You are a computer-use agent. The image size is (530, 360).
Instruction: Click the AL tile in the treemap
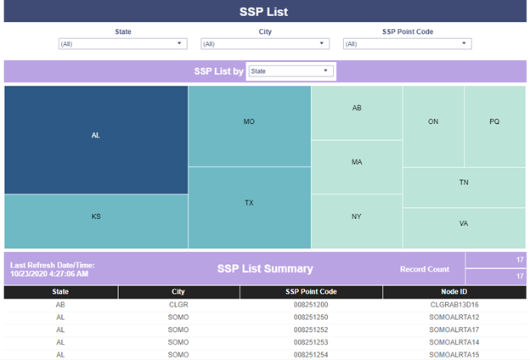click(x=96, y=139)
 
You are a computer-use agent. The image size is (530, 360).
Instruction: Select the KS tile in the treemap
click(x=96, y=222)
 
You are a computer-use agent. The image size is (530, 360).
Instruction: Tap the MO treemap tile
click(x=250, y=126)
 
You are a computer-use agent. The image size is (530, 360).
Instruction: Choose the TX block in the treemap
click(x=250, y=208)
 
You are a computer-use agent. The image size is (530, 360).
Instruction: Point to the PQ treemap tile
click(x=495, y=127)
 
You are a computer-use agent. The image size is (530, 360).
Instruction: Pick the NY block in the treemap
click(x=357, y=222)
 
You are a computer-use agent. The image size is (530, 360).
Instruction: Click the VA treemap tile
click(x=464, y=228)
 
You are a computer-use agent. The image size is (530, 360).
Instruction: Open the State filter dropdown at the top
click(x=122, y=44)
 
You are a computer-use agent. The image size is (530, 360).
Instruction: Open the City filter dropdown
click(x=265, y=44)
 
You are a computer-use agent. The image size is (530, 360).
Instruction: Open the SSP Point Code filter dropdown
click(x=408, y=44)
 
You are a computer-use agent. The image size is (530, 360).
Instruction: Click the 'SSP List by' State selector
click(x=291, y=71)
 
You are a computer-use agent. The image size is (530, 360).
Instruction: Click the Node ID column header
click(x=454, y=292)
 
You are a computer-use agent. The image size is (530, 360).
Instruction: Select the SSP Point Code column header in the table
click(x=311, y=292)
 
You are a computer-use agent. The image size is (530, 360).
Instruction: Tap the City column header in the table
click(x=178, y=292)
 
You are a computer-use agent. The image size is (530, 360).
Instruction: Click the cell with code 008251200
click(x=311, y=305)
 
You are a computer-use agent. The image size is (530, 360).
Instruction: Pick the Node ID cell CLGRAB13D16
click(x=454, y=305)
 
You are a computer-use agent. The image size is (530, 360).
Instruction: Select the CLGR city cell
click(x=178, y=305)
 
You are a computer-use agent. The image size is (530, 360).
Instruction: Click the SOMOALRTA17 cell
click(x=454, y=330)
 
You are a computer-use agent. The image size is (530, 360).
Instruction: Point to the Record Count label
click(x=425, y=269)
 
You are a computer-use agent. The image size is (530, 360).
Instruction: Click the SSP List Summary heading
click(x=265, y=269)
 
